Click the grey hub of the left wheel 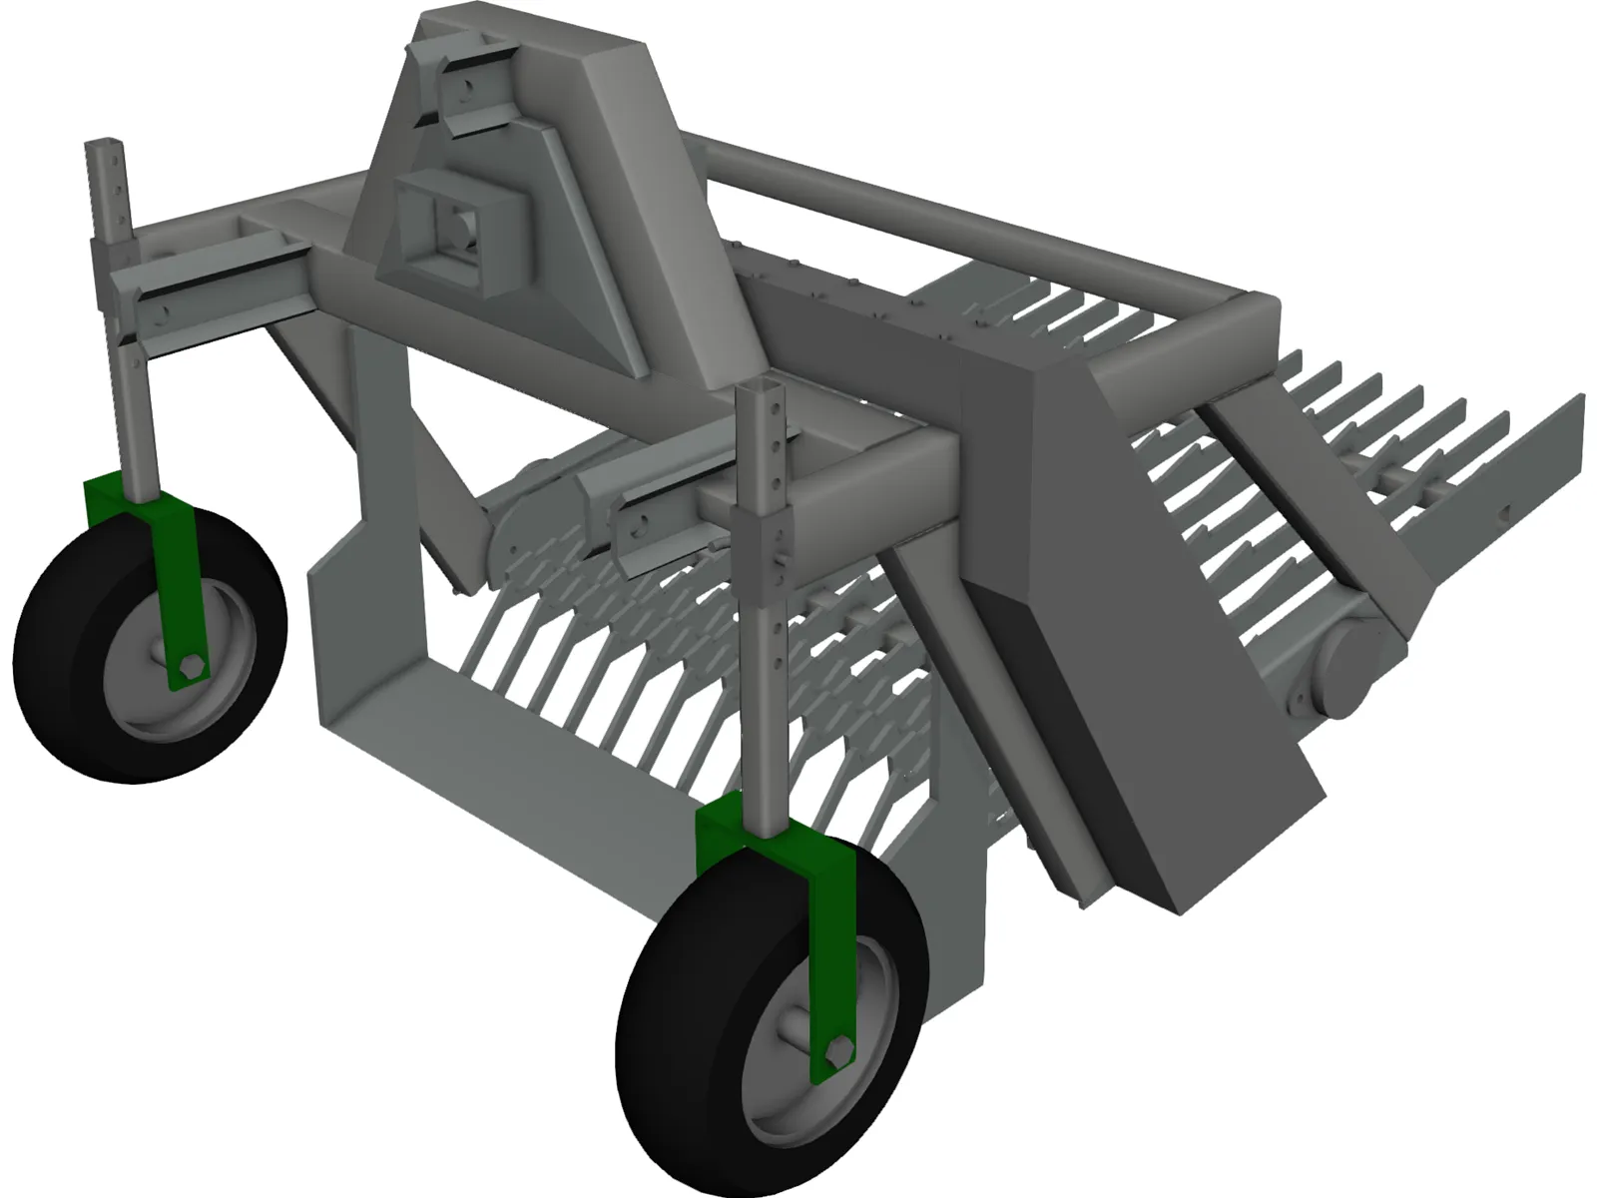click(140, 649)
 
